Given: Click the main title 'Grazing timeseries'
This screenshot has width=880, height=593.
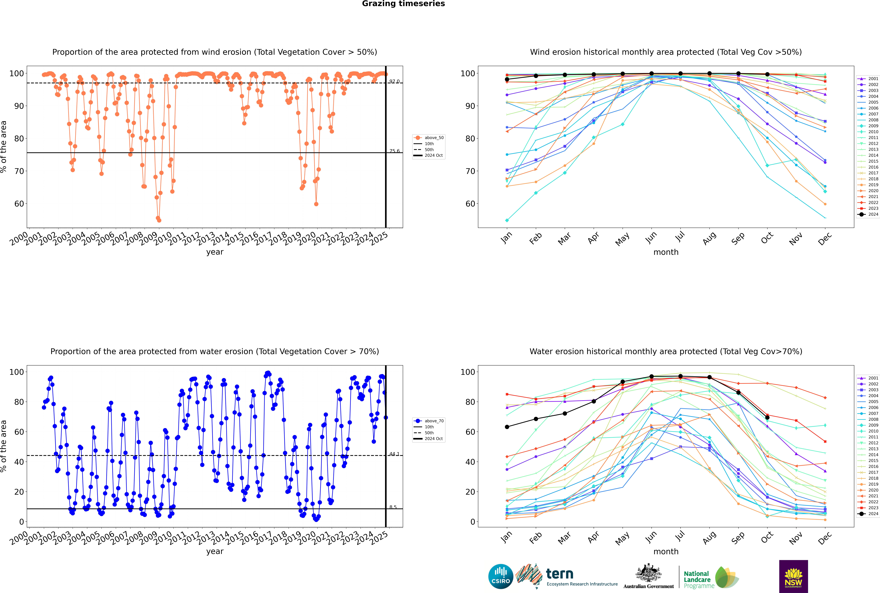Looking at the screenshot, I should (x=403, y=4).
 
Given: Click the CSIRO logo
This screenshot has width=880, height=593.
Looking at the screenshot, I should (x=501, y=576).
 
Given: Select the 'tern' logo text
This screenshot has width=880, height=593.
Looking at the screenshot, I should (x=560, y=574).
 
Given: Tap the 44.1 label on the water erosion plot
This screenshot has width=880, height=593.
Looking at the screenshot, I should (x=394, y=454).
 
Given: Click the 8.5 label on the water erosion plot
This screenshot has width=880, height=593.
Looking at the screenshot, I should (x=393, y=507).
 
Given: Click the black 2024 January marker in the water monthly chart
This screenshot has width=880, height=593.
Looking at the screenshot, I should (x=507, y=427).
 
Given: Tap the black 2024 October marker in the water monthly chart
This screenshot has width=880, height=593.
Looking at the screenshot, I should (x=767, y=417).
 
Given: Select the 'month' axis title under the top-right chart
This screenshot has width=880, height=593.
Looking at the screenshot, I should (x=666, y=252).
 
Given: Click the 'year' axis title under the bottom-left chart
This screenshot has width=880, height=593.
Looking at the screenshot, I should (x=215, y=551).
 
